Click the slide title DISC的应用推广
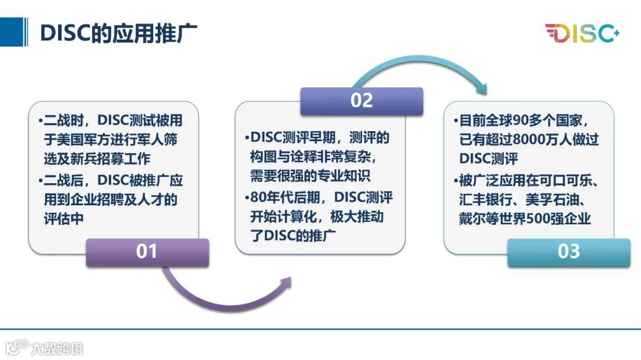click(x=118, y=33)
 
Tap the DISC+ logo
click(x=582, y=33)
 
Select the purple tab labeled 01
click(x=147, y=251)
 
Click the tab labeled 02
click(x=361, y=100)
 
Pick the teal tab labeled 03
click(x=569, y=251)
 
